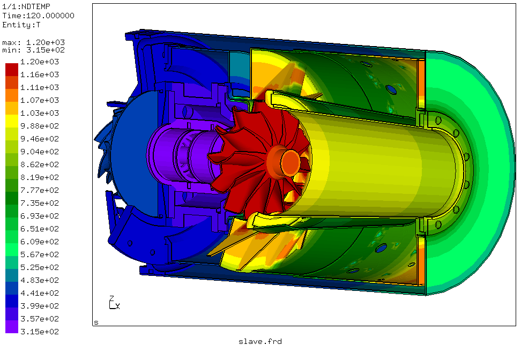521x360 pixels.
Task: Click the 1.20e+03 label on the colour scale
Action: pyautogui.click(x=40, y=62)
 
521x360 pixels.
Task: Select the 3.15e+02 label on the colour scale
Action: pyautogui.click(x=40, y=332)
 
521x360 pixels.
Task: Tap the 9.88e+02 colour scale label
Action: pyautogui.click(x=40, y=126)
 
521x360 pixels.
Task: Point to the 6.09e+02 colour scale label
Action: pyautogui.click(x=40, y=242)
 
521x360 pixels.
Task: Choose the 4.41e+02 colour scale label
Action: pyautogui.click(x=40, y=293)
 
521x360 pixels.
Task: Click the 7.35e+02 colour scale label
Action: pyautogui.click(x=40, y=203)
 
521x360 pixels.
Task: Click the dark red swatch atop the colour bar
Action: pyautogui.click(x=12, y=70)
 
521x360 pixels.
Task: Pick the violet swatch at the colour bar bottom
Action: pyautogui.click(x=12, y=326)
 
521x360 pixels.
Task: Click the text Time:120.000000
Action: pyautogui.click(x=38, y=16)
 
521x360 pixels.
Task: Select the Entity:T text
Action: pyautogui.click(x=21, y=25)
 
